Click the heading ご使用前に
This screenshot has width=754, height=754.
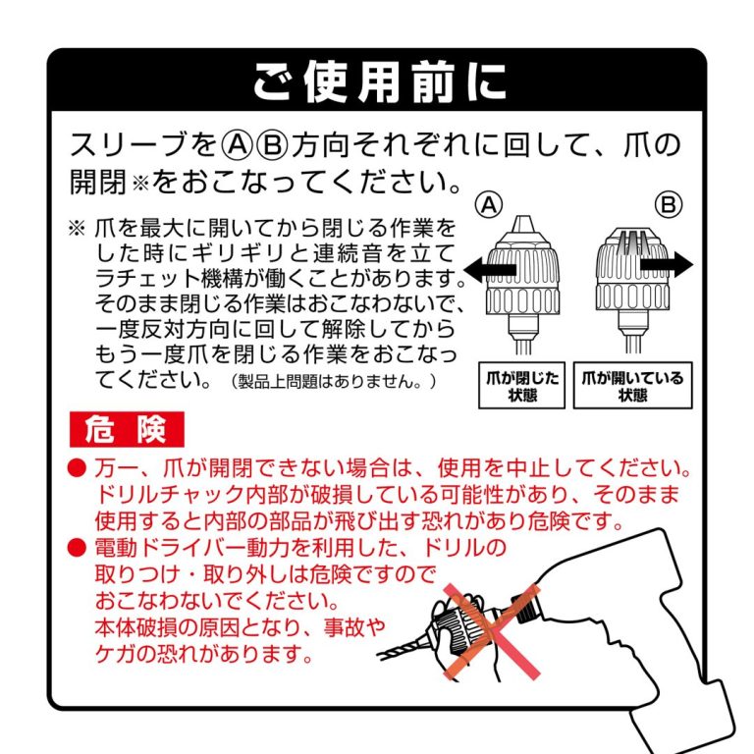click(x=379, y=81)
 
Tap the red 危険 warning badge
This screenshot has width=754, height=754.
click(x=127, y=429)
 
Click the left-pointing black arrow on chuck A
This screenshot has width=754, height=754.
click(x=490, y=269)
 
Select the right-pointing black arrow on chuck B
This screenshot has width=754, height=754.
click(x=667, y=264)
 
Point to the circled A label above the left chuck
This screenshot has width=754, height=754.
click(x=489, y=205)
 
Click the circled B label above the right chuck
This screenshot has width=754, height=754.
click(x=669, y=205)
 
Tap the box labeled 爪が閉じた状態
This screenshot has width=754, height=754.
click(x=521, y=386)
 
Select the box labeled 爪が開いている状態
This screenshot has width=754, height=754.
click(x=633, y=386)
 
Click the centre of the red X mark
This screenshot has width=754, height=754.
click(x=492, y=632)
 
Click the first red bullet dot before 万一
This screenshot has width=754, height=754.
click(x=77, y=468)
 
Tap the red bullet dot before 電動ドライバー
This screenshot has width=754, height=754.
click(x=77, y=547)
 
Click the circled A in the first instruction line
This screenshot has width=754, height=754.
click(x=237, y=144)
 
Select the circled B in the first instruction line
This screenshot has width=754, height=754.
click(x=272, y=144)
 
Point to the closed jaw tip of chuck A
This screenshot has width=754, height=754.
click(x=523, y=224)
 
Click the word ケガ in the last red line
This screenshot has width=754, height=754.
click(x=117, y=654)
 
